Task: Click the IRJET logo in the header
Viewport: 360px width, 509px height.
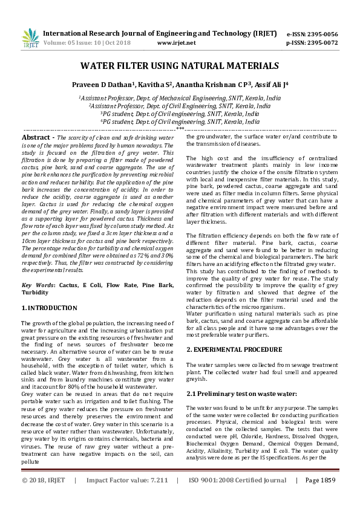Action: (x=30, y=37)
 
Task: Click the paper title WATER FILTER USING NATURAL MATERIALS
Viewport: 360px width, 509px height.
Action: (x=180, y=66)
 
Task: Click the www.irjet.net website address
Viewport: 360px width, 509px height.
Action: (x=176, y=43)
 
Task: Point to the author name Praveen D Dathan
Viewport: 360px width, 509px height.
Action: (x=111, y=85)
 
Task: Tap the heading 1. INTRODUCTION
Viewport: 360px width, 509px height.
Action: (x=50, y=308)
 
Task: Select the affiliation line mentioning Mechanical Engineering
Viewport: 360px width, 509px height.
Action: (x=180, y=97)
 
